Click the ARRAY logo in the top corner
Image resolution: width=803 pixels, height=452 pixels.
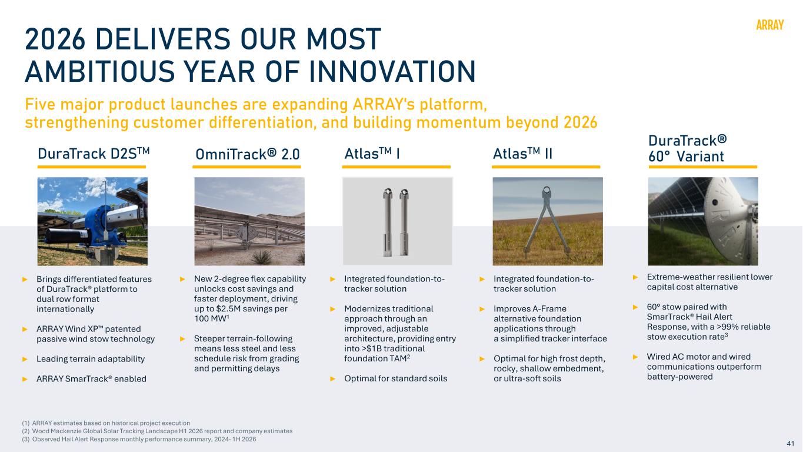[x=769, y=25]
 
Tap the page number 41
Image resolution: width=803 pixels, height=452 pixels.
[x=791, y=443]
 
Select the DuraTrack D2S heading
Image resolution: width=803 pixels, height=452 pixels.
[x=94, y=154]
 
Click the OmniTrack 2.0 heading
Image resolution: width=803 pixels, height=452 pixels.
[x=247, y=154]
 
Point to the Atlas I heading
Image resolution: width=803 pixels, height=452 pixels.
[x=372, y=154]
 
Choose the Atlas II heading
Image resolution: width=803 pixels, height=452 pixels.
[x=522, y=154]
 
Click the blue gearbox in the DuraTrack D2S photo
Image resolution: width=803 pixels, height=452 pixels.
[x=104, y=224]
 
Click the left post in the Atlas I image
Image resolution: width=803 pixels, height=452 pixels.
[x=388, y=222]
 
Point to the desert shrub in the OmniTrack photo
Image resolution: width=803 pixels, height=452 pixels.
[x=262, y=257]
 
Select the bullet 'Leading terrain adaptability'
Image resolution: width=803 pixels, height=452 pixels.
[x=91, y=359]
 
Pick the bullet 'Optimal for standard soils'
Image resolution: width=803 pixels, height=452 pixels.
[x=396, y=378]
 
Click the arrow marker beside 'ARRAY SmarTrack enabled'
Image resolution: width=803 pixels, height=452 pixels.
[x=25, y=379]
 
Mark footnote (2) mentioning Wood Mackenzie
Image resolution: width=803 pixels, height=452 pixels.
[x=157, y=431]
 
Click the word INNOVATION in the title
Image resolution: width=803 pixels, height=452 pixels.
[x=392, y=72]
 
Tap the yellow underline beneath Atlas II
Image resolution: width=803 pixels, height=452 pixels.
[x=545, y=167]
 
